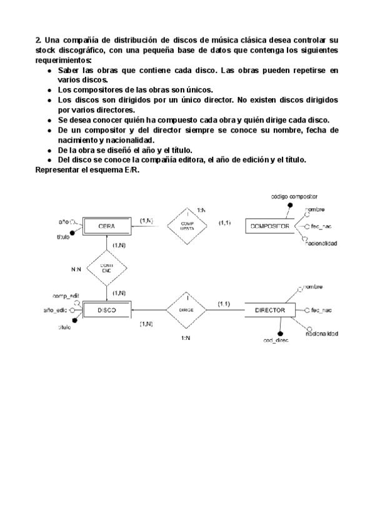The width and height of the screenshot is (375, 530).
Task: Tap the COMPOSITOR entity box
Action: click(269, 226)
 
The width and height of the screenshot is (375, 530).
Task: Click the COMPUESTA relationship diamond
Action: click(187, 226)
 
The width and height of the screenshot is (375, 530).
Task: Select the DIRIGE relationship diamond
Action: click(185, 310)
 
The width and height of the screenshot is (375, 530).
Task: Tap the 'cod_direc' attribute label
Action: click(276, 341)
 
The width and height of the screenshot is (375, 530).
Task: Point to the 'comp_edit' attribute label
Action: click(64, 294)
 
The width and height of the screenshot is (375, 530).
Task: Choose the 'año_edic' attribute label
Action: click(55, 310)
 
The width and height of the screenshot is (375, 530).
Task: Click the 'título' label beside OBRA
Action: click(62, 237)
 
